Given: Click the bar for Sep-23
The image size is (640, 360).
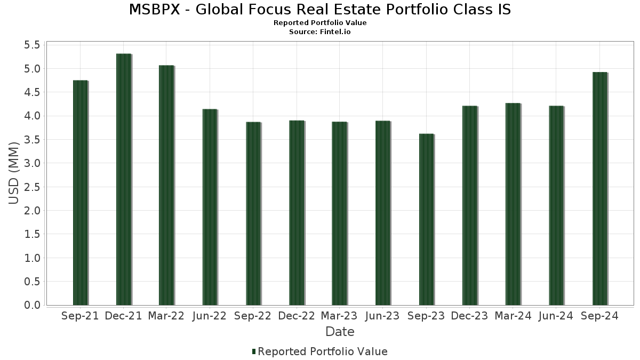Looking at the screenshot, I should [x=426, y=219].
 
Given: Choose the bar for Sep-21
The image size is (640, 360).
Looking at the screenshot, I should [x=80, y=193].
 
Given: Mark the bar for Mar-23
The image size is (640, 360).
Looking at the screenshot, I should [x=339, y=213].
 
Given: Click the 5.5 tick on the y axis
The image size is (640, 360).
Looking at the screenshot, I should [x=32, y=45].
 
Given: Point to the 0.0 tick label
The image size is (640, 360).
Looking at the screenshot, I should [x=32, y=305].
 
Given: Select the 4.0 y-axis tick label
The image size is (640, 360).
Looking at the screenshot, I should [x=32, y=116].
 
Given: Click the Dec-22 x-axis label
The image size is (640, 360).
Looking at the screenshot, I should [x=297, y=316].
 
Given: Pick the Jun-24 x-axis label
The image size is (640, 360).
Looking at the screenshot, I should [x=556, y=316].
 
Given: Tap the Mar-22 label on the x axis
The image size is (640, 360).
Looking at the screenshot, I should [x=166, y=316].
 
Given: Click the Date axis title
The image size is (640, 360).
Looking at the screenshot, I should [x=340, y=332].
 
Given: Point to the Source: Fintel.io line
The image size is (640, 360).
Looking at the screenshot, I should [x=320, y=31].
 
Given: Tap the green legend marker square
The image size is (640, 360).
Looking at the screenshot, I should [x=254, y=351].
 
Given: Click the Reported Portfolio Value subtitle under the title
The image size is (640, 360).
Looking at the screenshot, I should [x=320, y=23].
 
